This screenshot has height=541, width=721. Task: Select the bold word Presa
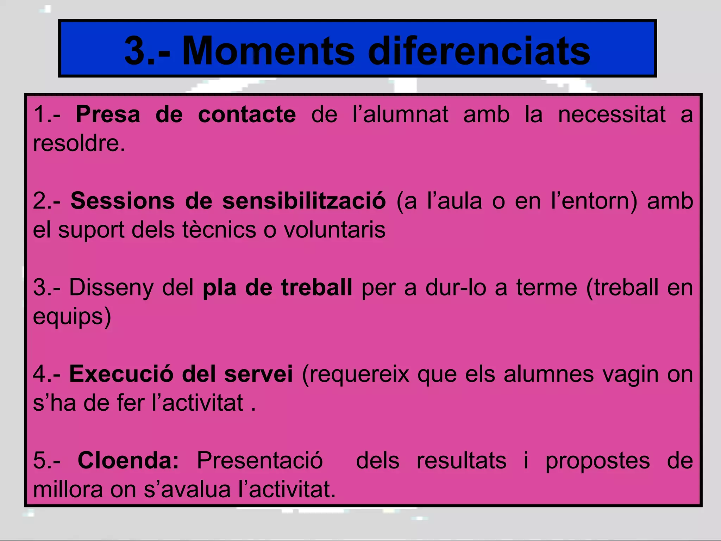108,114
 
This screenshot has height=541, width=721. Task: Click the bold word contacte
247,114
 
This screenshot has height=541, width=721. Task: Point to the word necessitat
612,114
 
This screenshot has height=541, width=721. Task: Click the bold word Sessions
123,201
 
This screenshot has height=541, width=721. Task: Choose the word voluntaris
334,230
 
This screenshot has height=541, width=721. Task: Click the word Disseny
112,287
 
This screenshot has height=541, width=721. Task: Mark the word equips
72,316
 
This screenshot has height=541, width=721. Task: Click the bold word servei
258,374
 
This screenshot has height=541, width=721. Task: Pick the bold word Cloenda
128,460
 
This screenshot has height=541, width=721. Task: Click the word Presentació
259,460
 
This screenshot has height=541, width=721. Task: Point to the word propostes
597,460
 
